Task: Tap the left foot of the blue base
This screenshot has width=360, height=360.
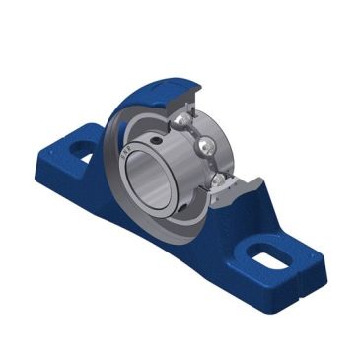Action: point(74,163)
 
